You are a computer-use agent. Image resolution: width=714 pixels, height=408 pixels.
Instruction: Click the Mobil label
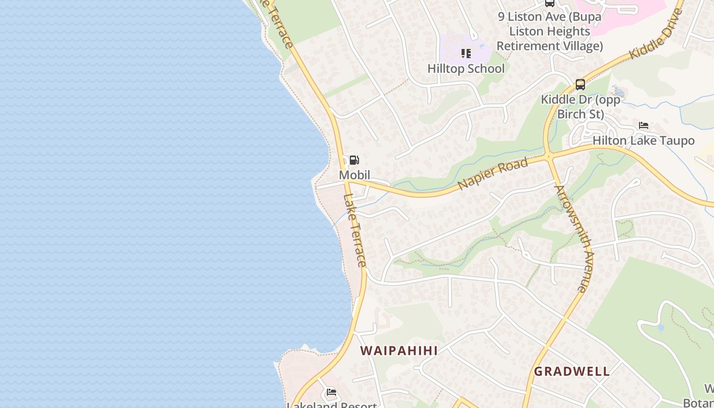pos(354,175)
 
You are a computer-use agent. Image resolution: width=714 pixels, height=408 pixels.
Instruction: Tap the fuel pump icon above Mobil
pos(354,161)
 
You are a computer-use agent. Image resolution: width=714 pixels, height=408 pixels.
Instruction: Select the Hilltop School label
pos(466,68)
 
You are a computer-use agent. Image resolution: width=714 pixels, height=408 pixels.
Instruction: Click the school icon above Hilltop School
pos(466,54)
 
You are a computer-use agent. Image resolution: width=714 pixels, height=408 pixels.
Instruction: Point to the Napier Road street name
pos(493,174)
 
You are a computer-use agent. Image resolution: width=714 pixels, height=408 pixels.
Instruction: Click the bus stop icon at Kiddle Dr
pos(580,85)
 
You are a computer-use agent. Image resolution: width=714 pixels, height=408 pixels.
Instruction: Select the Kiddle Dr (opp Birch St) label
pos(580,107)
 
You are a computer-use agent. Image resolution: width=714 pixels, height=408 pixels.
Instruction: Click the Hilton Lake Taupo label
pos(643,141)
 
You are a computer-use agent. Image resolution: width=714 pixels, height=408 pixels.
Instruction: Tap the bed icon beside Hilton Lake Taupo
pos(644,125)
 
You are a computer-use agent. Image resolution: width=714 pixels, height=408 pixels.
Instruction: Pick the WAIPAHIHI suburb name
pos(399,351)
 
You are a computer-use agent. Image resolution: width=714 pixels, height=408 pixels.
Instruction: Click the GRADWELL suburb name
pos(572,371)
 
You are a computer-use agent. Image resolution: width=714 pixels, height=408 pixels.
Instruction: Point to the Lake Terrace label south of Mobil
pos(355,230)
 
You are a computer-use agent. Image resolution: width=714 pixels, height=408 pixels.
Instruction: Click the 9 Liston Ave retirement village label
pos(550,31)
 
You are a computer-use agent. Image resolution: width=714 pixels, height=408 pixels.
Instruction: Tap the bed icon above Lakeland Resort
pos(331,392)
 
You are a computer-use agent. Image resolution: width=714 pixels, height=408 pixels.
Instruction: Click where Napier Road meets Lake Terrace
pos(347,181)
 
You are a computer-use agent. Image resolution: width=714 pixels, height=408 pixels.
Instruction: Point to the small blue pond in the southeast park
pos(661,327)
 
